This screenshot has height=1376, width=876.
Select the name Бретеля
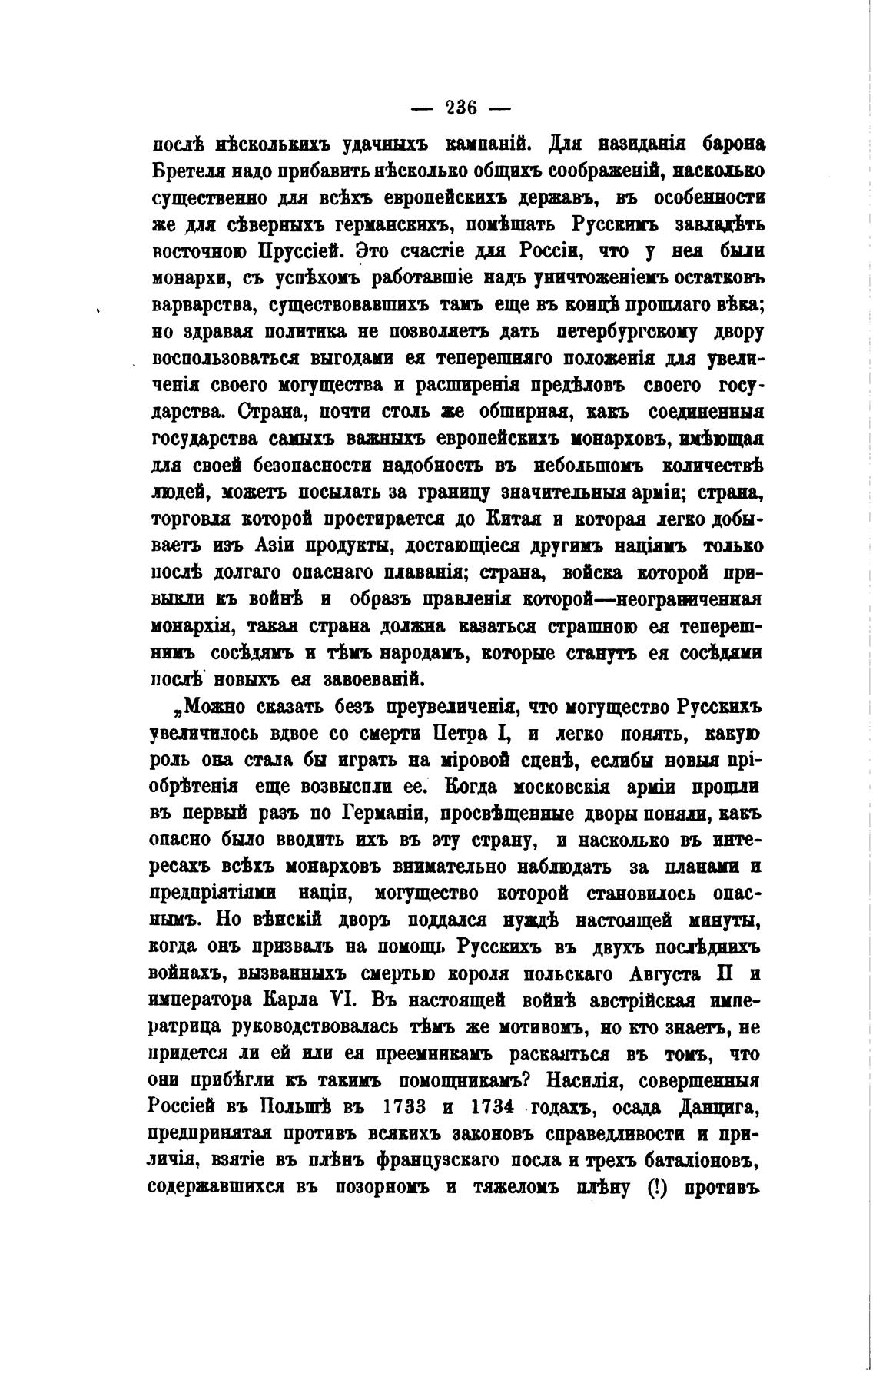(187, 171)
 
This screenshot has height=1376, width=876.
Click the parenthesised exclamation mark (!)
(653, 1189)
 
